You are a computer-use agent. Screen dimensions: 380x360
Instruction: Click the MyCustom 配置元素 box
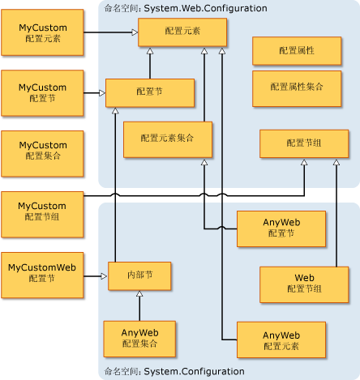pos(42,33)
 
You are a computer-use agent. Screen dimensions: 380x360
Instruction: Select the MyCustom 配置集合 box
pos(42,151)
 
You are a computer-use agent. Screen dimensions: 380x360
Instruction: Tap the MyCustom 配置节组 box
pos(42,211)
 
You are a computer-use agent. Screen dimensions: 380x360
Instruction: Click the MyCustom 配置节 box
pos(42,92)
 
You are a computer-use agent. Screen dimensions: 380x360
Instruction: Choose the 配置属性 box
pos(296,50)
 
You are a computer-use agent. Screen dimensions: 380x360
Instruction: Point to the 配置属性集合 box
pos(296,88)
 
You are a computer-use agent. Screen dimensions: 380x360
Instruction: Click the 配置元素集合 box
pos(167,139)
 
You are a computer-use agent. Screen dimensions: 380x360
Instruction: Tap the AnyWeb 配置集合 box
pos(139,338)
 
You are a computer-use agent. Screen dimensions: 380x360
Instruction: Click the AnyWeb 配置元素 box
pos(281,340)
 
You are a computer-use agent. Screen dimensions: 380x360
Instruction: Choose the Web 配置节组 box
pos(303,284)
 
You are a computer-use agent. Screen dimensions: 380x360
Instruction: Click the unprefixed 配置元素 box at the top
pos(182,32)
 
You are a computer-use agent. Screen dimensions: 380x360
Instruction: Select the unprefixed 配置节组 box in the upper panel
pos(304,143)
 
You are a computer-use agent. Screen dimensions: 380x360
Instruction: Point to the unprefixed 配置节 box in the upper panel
pos(149,93)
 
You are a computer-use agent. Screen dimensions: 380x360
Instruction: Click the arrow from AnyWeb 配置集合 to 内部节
pos(139,305)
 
